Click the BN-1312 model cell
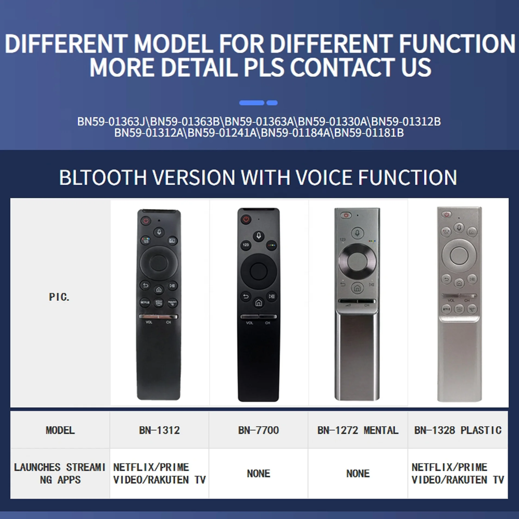click(x=160, y=430)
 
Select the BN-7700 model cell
click(x=258, y=430)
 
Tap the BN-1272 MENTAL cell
click(x=358, y=430)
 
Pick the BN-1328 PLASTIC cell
click(x=458, y=430)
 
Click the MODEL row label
click(x=60, y=430)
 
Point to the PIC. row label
click(x=59, y=297)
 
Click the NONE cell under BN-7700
click(x=258, y=474)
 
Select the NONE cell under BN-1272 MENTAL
click(x=358, y=474)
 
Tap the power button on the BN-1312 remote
click(x=146, y=220)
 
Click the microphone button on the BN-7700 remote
click(x=259, y=236)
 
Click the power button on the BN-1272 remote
click(x=346, y=215)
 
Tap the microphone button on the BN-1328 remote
click(x=459, y=227)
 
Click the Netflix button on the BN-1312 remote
click(x=145, y=302)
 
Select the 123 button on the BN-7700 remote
click(x=246, y=245)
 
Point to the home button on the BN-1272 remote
click(x=357, y=288)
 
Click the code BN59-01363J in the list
click(x=111, y=121)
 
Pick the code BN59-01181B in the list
click(x=369, y=133)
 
